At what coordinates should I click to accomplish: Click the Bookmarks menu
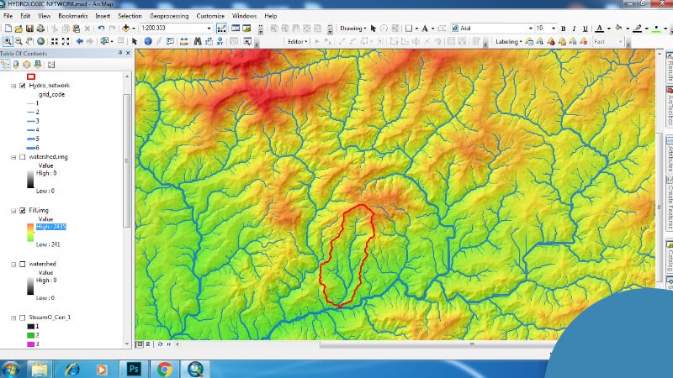click(72, 16)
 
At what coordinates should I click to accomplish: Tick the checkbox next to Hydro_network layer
click(23, 86)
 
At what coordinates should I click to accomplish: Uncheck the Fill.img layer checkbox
click(23, 210)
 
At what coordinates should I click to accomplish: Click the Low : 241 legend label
click(47, 244)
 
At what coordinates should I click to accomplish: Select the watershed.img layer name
click(54, 157)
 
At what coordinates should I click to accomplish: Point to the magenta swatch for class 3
click(30, 344)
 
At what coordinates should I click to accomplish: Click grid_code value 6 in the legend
click(38, 148)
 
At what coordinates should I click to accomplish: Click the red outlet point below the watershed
click(339, 307)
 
